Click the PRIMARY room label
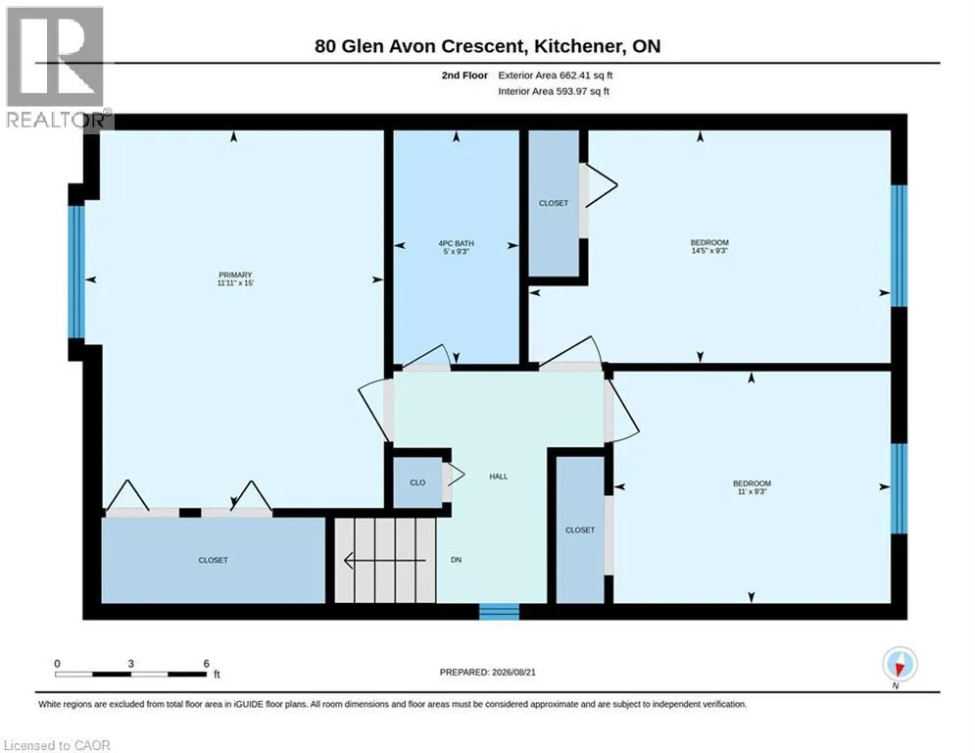click(x=235, y=275)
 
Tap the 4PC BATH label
click(x=456, y=243)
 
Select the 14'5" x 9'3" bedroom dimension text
click(x=709, y=251)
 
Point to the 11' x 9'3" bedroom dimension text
click(x=752, y=491)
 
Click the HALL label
click(x=498, y=477)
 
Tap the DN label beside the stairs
click(x=456, y=560)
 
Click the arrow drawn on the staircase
click(x=385, y=561)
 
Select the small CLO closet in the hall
click(x=417, y=483)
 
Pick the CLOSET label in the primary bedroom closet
click(x=213, y=560)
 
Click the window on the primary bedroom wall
click(x=75, y=272)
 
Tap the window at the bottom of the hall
click(x=499, y=611)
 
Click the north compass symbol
click(x=900, y=665)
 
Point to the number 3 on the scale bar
click(x=130, y=664)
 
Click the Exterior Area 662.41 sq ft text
click(x=556, y=75)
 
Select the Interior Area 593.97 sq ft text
click(x=554, y=91)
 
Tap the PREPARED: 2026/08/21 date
click(x=488, y=672)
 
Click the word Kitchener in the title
click(x=578, y=46)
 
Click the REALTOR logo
click(x=56, y=68)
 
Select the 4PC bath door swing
click(x=426, y=357)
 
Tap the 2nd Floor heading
click(x=464, y=75)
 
